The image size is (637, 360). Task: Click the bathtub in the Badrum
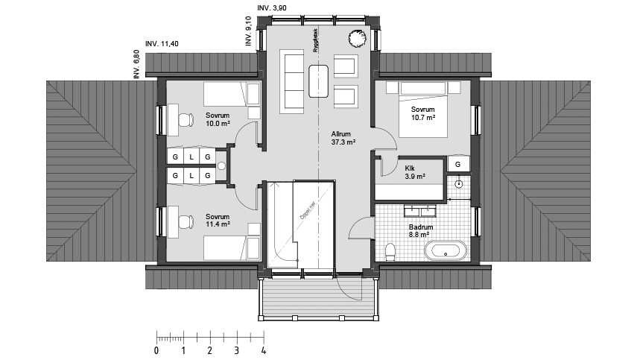click(x=447, y=250)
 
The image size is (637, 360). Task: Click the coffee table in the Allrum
click(x=320, y=80)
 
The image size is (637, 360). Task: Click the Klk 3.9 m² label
click(x=415, y=172)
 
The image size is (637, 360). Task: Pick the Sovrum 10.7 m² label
click(x=422, y=113)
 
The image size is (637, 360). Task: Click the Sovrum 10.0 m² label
click(x=218, y=119)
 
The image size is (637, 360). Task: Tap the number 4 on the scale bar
click(x=264, y=350)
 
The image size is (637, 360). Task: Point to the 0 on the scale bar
click(x=156, y=350)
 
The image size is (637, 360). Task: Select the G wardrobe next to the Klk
click(x=457, y=164)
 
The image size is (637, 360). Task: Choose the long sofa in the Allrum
click(x=291, y=81)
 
